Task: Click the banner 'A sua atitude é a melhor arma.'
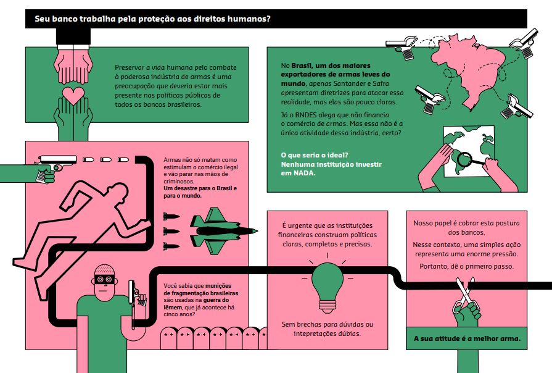pyautogui.click(x=466, y=338)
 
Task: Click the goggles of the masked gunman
pyautogui.click(x=105, y=279)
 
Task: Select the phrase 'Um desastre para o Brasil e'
pyautogui.click(x=200, y=188)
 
